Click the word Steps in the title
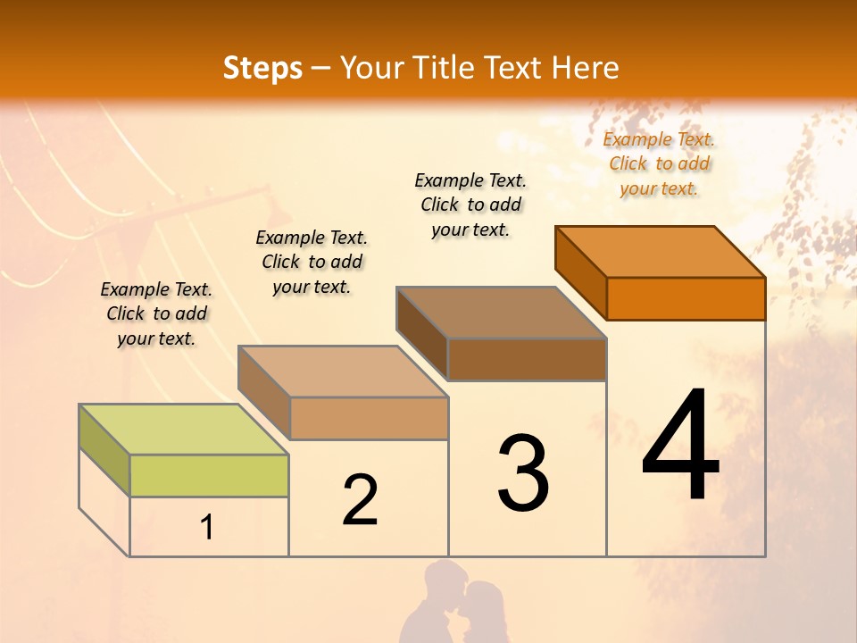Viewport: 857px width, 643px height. [262, 68]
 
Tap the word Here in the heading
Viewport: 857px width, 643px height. [586, 68]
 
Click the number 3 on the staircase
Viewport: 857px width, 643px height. [523, 473]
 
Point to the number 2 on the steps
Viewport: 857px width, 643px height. [361, 500]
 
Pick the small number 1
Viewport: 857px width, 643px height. [207, 528]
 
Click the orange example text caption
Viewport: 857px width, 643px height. [659, 163]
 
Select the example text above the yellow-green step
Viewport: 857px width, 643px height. [156, 313]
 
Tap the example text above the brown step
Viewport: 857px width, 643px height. [470, 205]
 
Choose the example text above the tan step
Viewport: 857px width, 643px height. [312, 262]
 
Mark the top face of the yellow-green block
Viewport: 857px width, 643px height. [184, 429]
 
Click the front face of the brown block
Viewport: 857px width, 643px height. [527, 359]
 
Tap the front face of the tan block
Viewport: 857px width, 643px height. [369, 418]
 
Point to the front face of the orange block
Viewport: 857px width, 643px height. [686, 298]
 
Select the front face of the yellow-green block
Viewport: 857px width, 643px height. [209, 475]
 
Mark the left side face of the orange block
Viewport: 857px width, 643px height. [580, 272]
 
